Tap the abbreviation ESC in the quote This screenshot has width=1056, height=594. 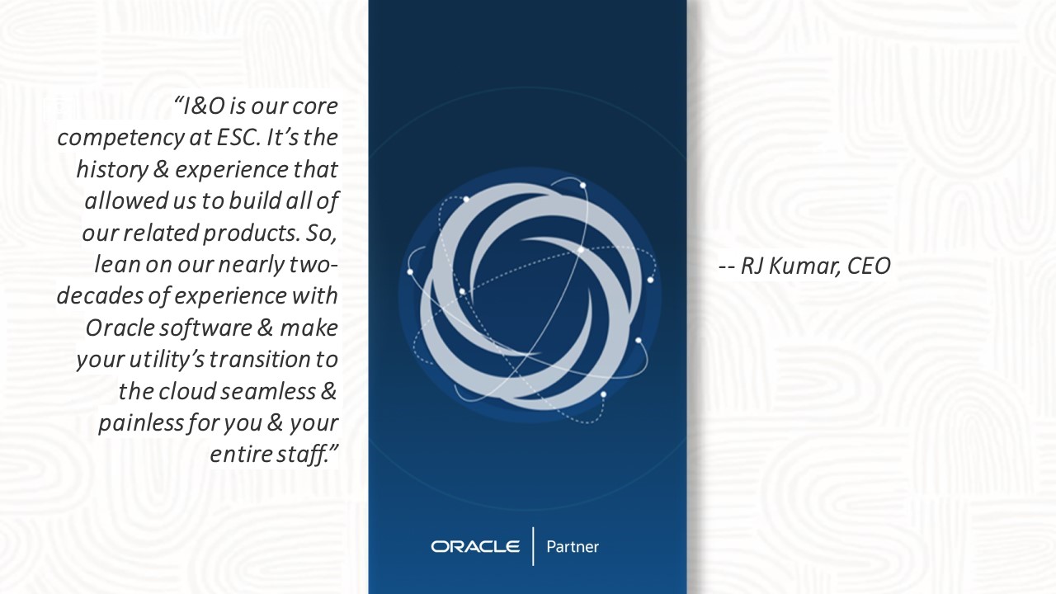click(238, 138)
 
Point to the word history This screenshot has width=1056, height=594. click(111, 170)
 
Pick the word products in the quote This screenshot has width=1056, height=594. click(252, 233)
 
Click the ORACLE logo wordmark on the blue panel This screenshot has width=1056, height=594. click(475, 547)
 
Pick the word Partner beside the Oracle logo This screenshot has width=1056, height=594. click(573, 547)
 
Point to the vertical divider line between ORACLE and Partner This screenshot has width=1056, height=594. click(533, 546)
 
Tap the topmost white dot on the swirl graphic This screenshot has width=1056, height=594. click(582, 186)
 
